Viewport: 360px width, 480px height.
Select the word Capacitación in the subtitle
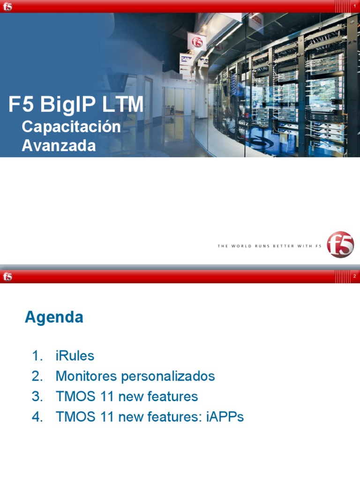point(71,127)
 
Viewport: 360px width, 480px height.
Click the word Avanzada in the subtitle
point(59,145)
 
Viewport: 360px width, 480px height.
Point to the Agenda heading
point(54,317)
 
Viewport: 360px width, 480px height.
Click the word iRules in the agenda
point(75,356)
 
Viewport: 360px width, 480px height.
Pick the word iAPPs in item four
point(225,417)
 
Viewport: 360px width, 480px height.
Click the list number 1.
point(37,356)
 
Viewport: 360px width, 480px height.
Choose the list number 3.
point(37,397)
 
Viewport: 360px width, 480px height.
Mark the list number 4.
point(37,417)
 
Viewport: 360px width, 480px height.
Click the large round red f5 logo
point(340,244)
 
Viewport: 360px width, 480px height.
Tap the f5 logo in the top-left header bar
point(7,7)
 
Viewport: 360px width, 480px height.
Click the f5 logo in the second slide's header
point(7,277)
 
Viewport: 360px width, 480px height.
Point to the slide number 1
point(355,6)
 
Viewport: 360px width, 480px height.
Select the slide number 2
point(355,277)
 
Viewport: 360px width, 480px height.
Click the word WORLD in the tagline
point(239,246)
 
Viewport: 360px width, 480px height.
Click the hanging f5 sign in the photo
point(197,40)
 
